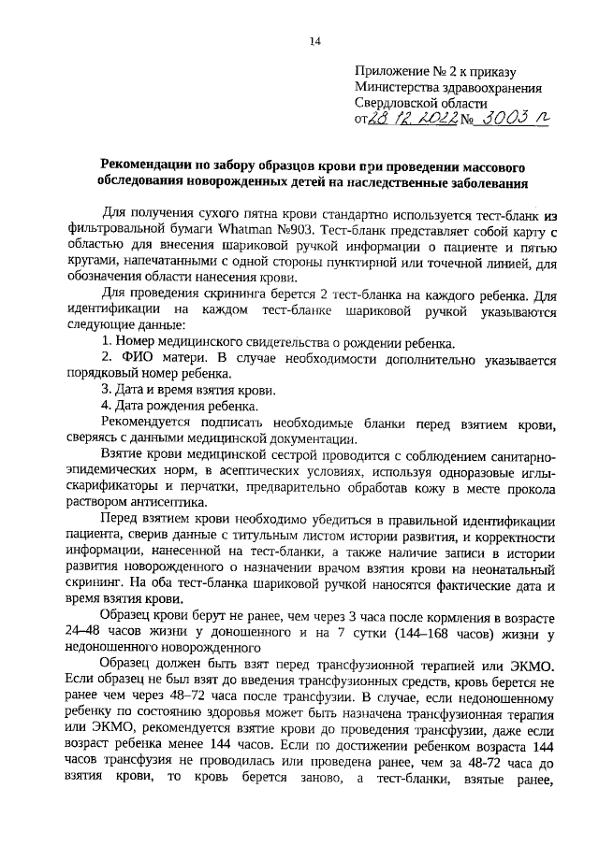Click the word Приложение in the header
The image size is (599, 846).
[x=389, y=70]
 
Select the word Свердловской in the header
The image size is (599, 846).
[x=394, y=104]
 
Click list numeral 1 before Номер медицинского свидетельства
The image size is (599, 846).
[x=106, y=343]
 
